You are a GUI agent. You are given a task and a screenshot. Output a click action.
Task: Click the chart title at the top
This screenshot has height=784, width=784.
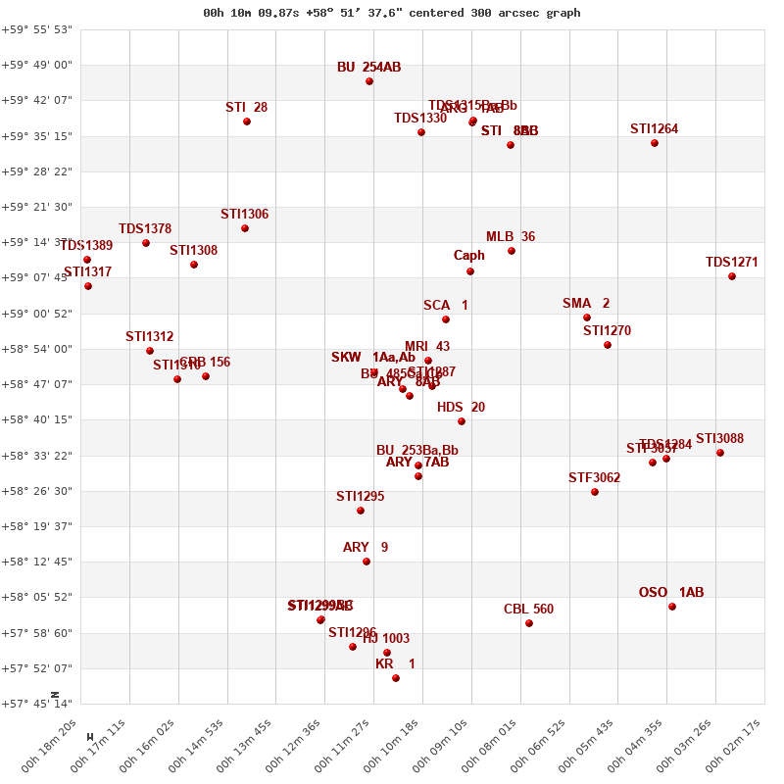pos(391,13)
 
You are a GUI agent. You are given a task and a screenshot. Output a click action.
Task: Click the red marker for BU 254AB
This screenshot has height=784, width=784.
pos(369,81)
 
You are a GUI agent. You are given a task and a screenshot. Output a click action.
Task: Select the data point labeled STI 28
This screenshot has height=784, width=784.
pos(247,122)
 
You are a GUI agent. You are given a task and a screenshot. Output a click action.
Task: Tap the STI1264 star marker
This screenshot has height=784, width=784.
pos(655,143)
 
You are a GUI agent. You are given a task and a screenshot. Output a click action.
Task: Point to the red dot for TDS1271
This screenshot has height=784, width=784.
pos(732,276)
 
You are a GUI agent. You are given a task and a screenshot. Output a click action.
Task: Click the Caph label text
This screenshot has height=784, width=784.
pos(468,256)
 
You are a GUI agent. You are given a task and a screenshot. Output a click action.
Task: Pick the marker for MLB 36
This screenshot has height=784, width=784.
pos(512,251)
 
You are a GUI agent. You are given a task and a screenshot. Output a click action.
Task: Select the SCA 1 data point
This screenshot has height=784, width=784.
pos(446,319)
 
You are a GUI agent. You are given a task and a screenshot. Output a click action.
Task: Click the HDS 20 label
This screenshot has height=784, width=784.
pos(461,408)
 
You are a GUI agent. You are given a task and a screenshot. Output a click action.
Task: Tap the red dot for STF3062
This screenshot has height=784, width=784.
pos(595,492)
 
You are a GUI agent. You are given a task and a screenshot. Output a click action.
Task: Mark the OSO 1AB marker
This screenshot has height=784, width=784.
pos(672,607)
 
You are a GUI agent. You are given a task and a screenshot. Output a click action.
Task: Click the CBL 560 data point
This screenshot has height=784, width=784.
pos(529,623)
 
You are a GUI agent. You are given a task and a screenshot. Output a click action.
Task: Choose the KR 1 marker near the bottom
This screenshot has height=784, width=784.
pos(396,678)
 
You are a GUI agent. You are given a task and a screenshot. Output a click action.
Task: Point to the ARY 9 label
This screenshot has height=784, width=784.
pos(366,548)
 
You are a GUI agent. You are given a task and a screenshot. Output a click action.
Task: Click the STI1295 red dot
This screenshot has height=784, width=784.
pos(361,511)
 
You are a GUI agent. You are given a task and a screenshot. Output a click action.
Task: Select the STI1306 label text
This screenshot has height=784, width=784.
pos(244,215)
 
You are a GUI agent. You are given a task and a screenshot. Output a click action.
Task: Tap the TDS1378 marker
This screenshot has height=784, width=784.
pos(146,243)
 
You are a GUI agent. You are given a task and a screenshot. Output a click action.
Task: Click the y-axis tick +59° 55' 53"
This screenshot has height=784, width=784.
pos(37,29)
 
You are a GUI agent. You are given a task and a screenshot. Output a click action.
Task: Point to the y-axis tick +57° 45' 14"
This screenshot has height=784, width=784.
pos(37,704)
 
